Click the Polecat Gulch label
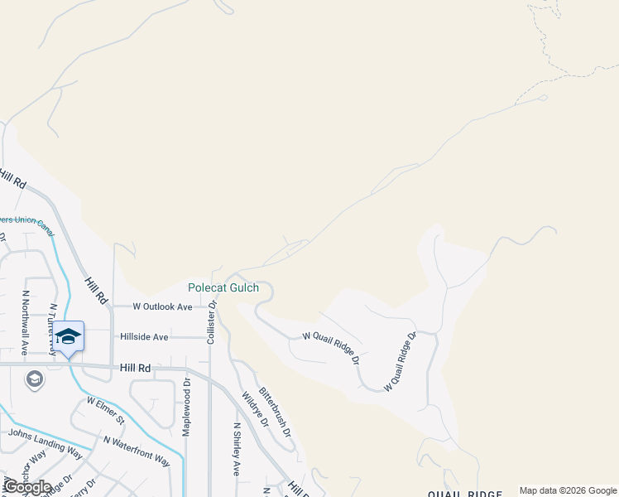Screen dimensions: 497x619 223,288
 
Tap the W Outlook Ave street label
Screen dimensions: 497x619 162,306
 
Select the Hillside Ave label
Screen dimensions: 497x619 144,337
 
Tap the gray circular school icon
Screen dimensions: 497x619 34,379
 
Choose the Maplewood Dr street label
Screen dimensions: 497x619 186,408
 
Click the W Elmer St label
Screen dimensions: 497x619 105,408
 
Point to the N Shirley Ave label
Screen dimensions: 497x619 237,449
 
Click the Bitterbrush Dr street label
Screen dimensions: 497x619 275,412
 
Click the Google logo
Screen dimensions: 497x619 27,487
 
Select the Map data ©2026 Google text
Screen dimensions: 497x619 567,490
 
